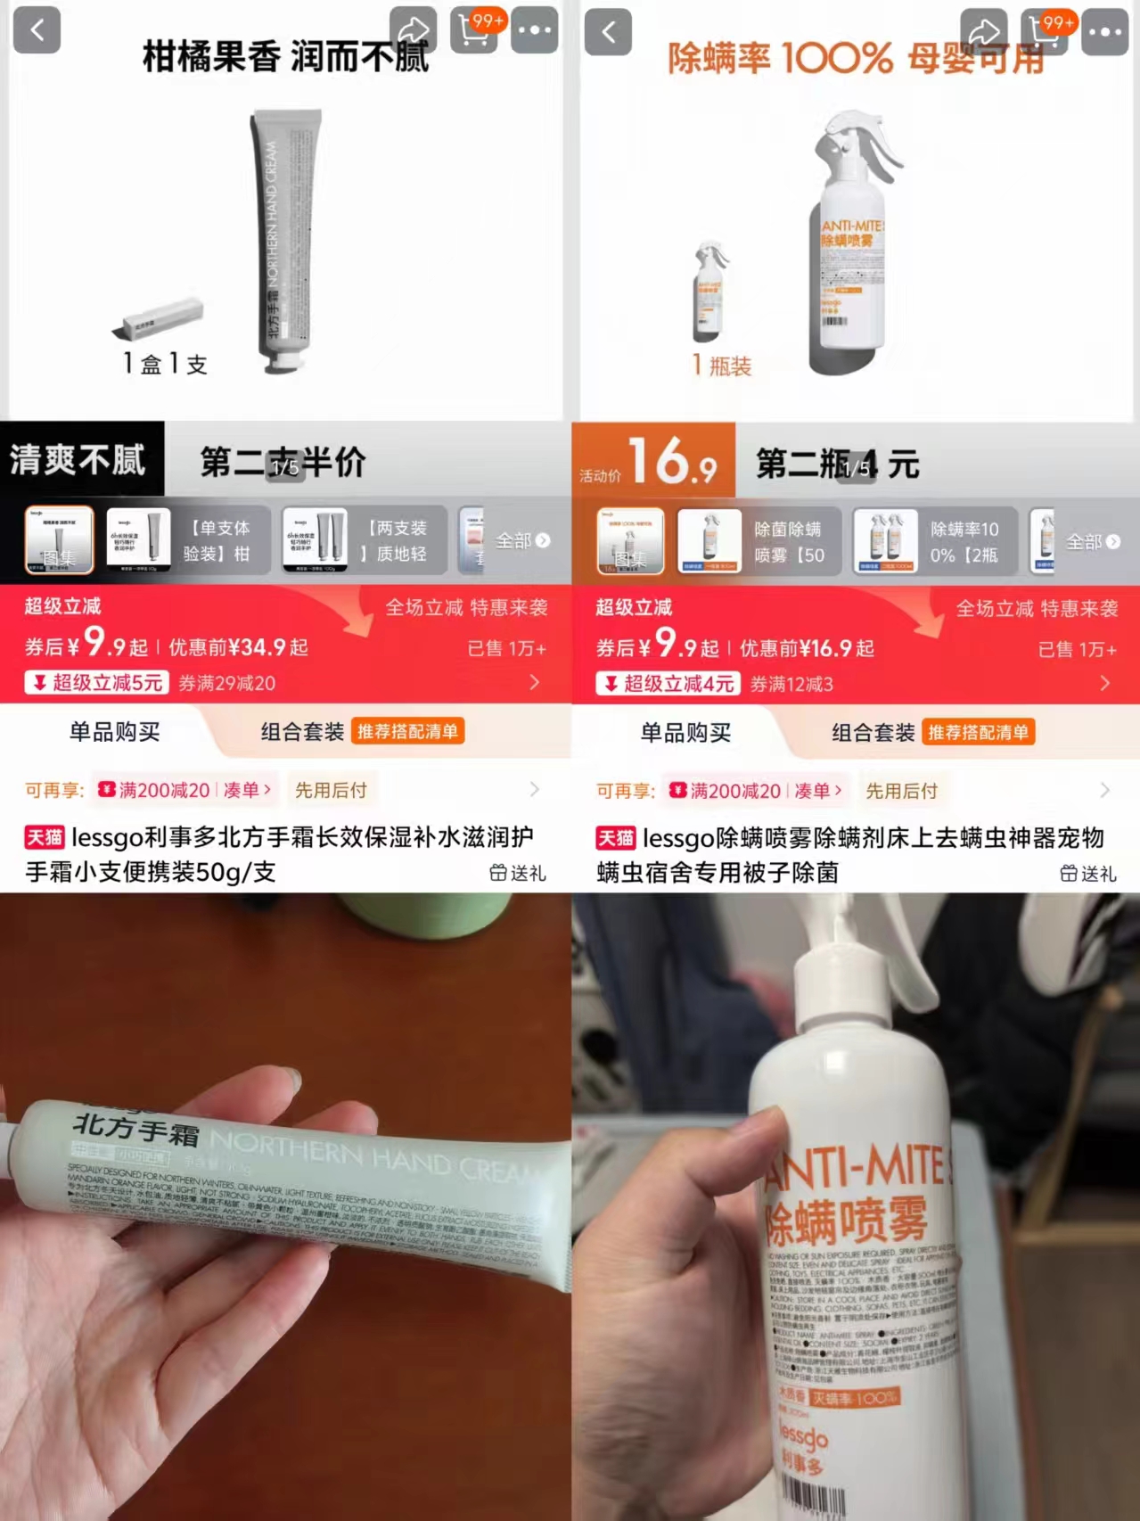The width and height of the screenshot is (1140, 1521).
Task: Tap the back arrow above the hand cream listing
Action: (x=37, y=30)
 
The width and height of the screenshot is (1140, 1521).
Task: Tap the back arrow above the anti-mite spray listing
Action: (x=609, y=32)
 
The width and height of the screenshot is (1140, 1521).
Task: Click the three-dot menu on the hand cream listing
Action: (x=535, y=30)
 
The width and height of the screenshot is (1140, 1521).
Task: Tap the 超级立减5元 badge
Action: (x=97, y=683)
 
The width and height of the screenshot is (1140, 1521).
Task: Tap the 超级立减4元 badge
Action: (x=668, y=684)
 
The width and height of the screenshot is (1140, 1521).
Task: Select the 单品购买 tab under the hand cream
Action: (x=114, y=732)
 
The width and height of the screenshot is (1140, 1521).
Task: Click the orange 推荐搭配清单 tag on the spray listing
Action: (x=978, y=733)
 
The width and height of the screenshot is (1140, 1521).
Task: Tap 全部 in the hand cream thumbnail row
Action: (x=522, y=541)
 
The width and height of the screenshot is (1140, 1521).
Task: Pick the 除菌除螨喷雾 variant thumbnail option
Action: (x=758, y=541)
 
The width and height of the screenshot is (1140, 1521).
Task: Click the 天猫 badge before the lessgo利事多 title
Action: (x=45, y=837)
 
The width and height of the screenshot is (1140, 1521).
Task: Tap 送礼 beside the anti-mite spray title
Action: (x=1088, y=874)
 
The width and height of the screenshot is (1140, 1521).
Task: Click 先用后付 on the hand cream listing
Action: (x=331, y=790)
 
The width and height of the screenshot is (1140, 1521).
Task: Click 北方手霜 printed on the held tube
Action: (x=136, y=1129)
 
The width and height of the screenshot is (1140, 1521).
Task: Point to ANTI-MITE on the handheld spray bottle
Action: (x=856, y=1168)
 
